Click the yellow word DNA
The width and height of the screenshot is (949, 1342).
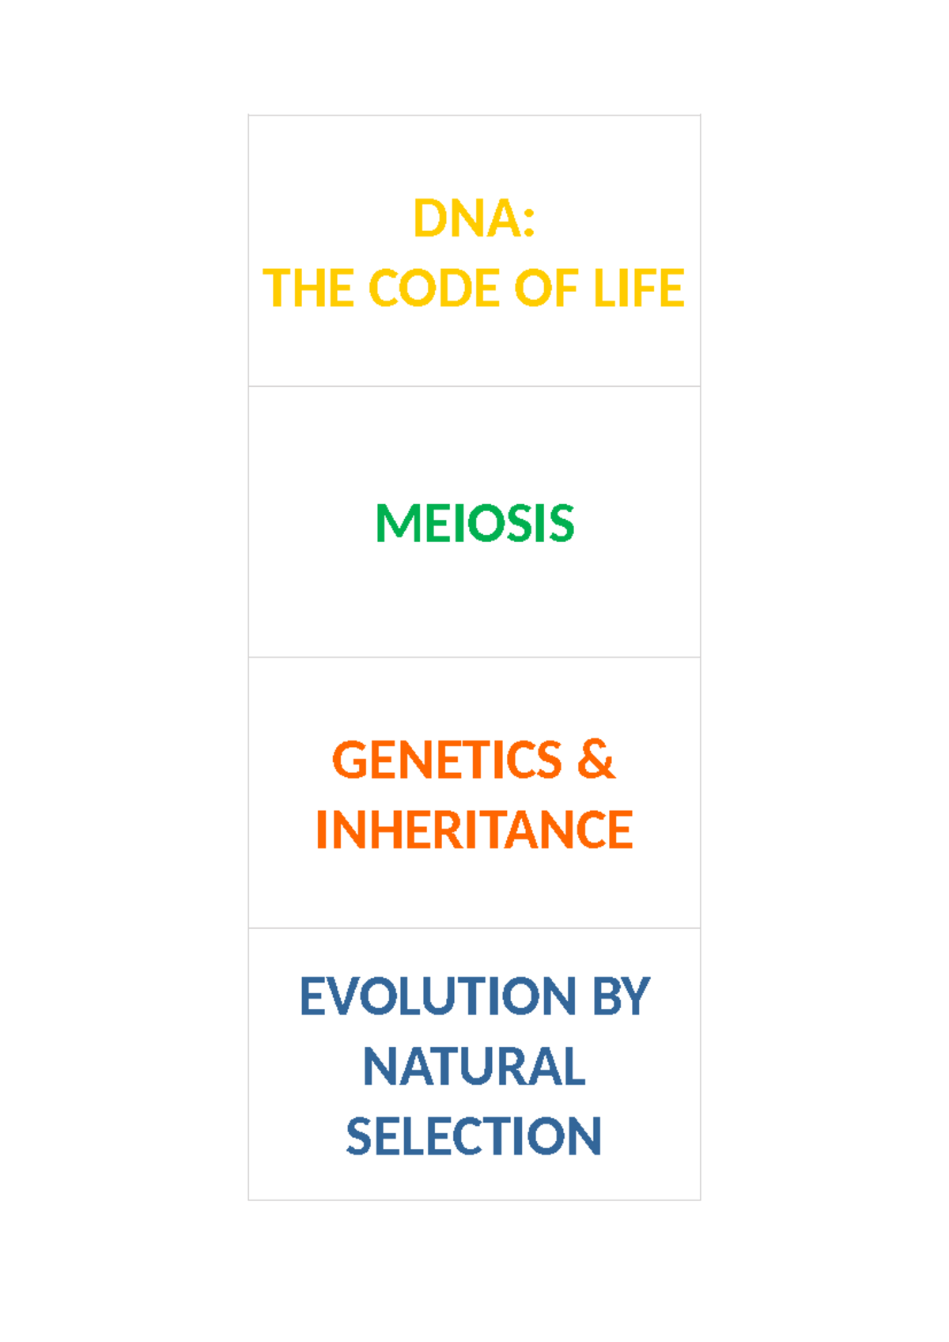point(467,218)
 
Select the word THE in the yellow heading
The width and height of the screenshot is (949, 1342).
point(308,288)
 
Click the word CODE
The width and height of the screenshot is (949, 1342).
point(434,288)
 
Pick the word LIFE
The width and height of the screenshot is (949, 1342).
point(638,288)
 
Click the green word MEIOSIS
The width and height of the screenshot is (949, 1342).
point(475,524)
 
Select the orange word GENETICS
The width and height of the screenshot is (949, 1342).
point(447,760)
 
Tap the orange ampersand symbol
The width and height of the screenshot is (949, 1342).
point(595,760)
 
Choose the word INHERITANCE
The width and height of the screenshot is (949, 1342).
point(475,830)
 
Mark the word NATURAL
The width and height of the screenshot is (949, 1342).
point(475,1067)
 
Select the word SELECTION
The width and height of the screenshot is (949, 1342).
point(475,1137)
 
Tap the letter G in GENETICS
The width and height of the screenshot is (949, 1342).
point(348,760)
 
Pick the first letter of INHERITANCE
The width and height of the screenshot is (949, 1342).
point(321,830)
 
